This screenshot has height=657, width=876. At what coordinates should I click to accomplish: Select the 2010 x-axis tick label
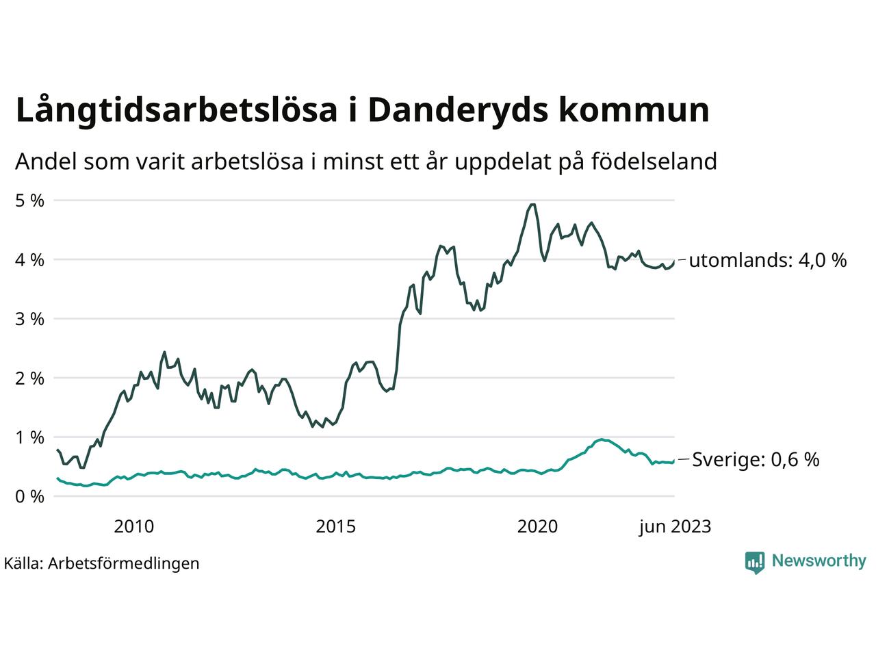[134, 526]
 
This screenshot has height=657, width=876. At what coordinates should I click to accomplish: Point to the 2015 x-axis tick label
[336, 526]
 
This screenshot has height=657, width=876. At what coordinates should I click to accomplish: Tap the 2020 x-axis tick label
[537, 526]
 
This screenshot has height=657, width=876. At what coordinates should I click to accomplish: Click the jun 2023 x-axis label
[675, 526]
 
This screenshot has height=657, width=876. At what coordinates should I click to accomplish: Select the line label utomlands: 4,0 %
[767, 260]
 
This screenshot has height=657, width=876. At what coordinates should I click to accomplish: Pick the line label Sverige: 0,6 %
[756, 460]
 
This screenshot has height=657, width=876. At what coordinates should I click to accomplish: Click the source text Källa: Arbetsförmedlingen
[101, 563]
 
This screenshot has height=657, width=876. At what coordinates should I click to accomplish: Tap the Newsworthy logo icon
[754, 562]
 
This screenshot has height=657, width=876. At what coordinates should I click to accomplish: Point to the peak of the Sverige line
[602, 439]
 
